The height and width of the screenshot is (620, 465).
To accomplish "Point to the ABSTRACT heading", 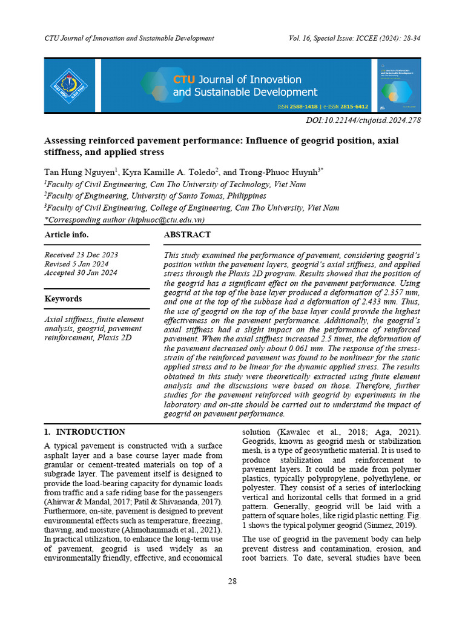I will pos(187,234).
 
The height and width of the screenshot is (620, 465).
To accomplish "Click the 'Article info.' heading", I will pos(67,235).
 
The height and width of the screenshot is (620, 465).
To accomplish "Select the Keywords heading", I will pos(63,298).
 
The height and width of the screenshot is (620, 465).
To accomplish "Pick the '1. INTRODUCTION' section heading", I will pos(85,432).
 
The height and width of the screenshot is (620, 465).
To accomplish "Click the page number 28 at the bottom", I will pos(232,581).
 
